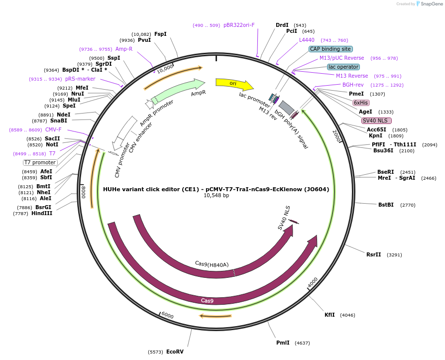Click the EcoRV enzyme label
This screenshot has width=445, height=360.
pyautogui.click(x=175, y=352)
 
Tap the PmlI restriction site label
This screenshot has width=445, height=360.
pyautogui.click(x=283, y=343)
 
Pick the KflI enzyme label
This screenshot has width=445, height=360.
pyautogui.click(x=330, y=315)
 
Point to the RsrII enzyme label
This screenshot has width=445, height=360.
pyautogui.click(x=373, y=254)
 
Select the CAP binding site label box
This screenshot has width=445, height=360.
pyautogui.click(x=331, y=49)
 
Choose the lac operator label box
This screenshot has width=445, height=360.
pyautogui.click(x=343, y=67)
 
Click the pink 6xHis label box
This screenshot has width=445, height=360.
pyautogui.click(x=361, y=103)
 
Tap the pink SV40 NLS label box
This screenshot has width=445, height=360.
pyautogui.click(x=376, y=120)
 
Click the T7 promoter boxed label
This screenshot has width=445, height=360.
pyautogui.click(x=40, y=162)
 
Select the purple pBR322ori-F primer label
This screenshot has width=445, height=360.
pyautogui.click(x=239, y=25)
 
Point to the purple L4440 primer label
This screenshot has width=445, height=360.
pyautogui.click(x=307, y=40)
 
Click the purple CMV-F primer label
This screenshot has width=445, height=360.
pyautogui.click(x=53, y=129)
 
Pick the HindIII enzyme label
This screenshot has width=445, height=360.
pyautogui.click(x=43, y=214)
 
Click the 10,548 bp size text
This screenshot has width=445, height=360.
pyautogui.click(x=216, y=196)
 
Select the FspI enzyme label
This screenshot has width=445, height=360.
pyautogui.click(x=160, y=34)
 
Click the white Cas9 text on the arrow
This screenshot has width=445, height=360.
pyautogui.click(x=207, y=301)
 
